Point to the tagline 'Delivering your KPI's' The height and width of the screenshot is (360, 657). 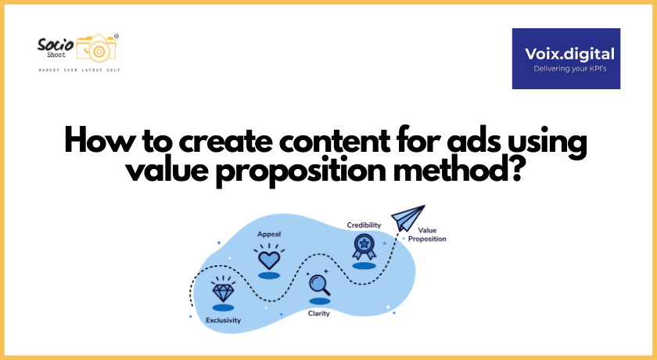pyautogui.click(x=565, y=69)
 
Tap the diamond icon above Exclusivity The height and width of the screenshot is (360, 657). pyautogui.click(x=223, y=293)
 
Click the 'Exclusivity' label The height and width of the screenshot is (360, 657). pyautogui.click(x=223, y=320)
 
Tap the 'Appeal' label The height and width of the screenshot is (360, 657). pyautogui.click(x=269, y=233)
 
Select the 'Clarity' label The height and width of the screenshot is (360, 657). pyautogui.click(x=318, y=313)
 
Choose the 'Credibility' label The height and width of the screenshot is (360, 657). pyautogui.click(x=364, y=225)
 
